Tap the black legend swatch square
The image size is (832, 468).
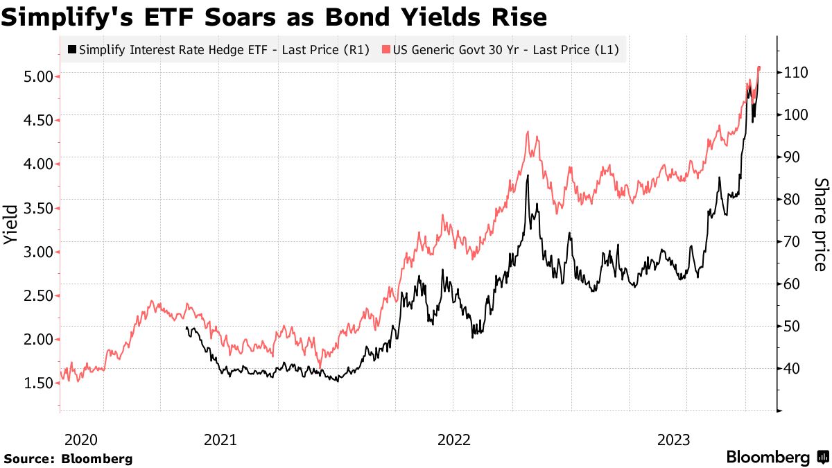[72, 50]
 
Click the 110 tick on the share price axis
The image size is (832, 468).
[797, 72]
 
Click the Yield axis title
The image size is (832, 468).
[10, 224]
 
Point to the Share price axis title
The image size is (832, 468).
[820, 224]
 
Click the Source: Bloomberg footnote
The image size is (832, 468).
[68, 458]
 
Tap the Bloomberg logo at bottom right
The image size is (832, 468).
[777, 457]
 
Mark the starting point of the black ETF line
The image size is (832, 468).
[187, 327]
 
